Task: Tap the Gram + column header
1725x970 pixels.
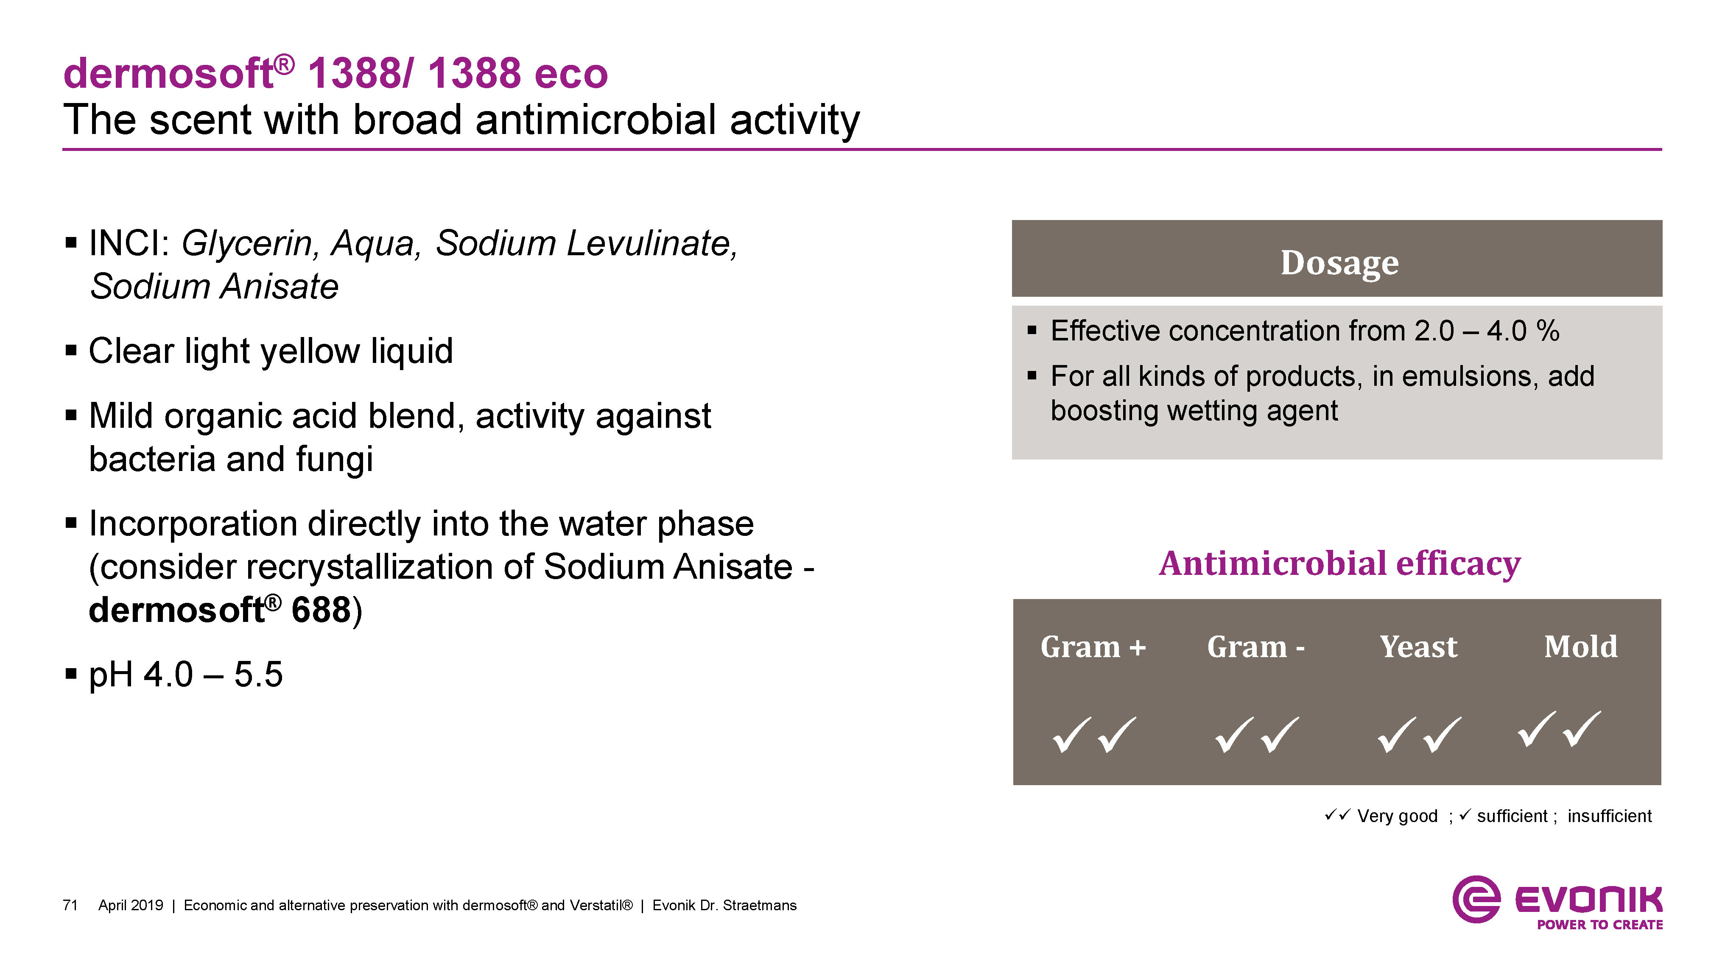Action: [1093, 647]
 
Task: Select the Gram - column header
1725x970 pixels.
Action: [1255, 647]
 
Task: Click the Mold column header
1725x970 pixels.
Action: [1580, 647]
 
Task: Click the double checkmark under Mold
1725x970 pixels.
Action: [1559, 730]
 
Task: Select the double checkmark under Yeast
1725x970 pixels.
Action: [1419, 735]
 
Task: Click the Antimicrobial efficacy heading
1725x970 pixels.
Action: [1339, 564]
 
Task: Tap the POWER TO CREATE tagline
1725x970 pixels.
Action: [1599, 925]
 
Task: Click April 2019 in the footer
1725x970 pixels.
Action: [131, 905]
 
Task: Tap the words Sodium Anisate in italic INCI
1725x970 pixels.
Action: [214, 287]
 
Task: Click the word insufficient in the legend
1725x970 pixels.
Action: [1609, 816]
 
